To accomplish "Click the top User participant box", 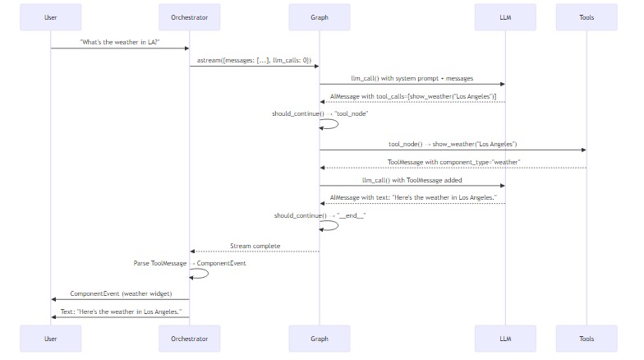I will [51, 17].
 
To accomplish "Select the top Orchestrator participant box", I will [190, 17].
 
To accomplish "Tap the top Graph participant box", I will [320, 17].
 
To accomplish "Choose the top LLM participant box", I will [505, 17].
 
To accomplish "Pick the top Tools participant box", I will [586, 17].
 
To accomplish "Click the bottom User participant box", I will [51, 339].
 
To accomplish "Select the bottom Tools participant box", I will [586, 339].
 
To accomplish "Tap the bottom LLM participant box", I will [505, 339].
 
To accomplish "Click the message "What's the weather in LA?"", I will [120, 41].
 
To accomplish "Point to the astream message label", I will [255, 60].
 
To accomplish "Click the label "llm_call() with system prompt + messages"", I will [412, 78].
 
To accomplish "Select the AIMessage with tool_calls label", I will [412, 96].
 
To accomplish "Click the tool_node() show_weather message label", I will [453, 144].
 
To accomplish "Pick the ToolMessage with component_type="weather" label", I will [453, 162].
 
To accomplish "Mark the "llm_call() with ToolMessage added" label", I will [412, 180].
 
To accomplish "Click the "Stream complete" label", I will [255, 246].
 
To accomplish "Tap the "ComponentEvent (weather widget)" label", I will [121, 293].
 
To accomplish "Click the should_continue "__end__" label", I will [320, 215].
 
